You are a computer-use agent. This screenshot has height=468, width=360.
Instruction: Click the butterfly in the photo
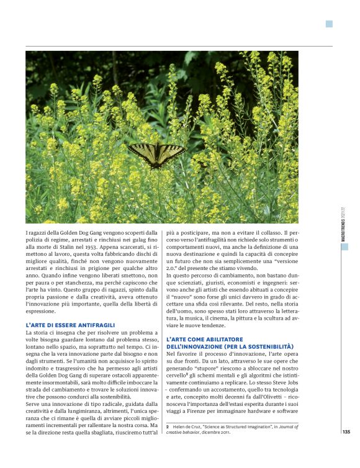point(156,153)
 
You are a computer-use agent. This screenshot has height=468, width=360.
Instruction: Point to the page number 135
point(346,432)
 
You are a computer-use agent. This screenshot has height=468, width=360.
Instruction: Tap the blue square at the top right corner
point(329,24)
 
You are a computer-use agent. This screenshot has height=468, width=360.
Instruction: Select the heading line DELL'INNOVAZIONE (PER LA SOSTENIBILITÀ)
point(230,346)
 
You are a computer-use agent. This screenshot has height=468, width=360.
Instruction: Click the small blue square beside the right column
point(344,246)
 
